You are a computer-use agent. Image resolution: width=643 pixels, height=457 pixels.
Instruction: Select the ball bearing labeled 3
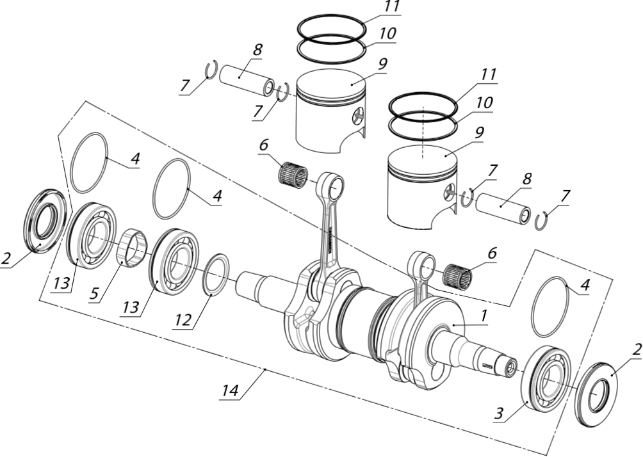pyautogui.click(x=545, y=379)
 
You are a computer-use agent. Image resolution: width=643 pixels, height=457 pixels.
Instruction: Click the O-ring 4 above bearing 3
pyautogui.click(x=549, y=307)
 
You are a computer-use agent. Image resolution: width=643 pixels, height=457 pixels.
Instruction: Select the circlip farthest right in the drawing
pyautogui.click(x=542, y=220)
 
